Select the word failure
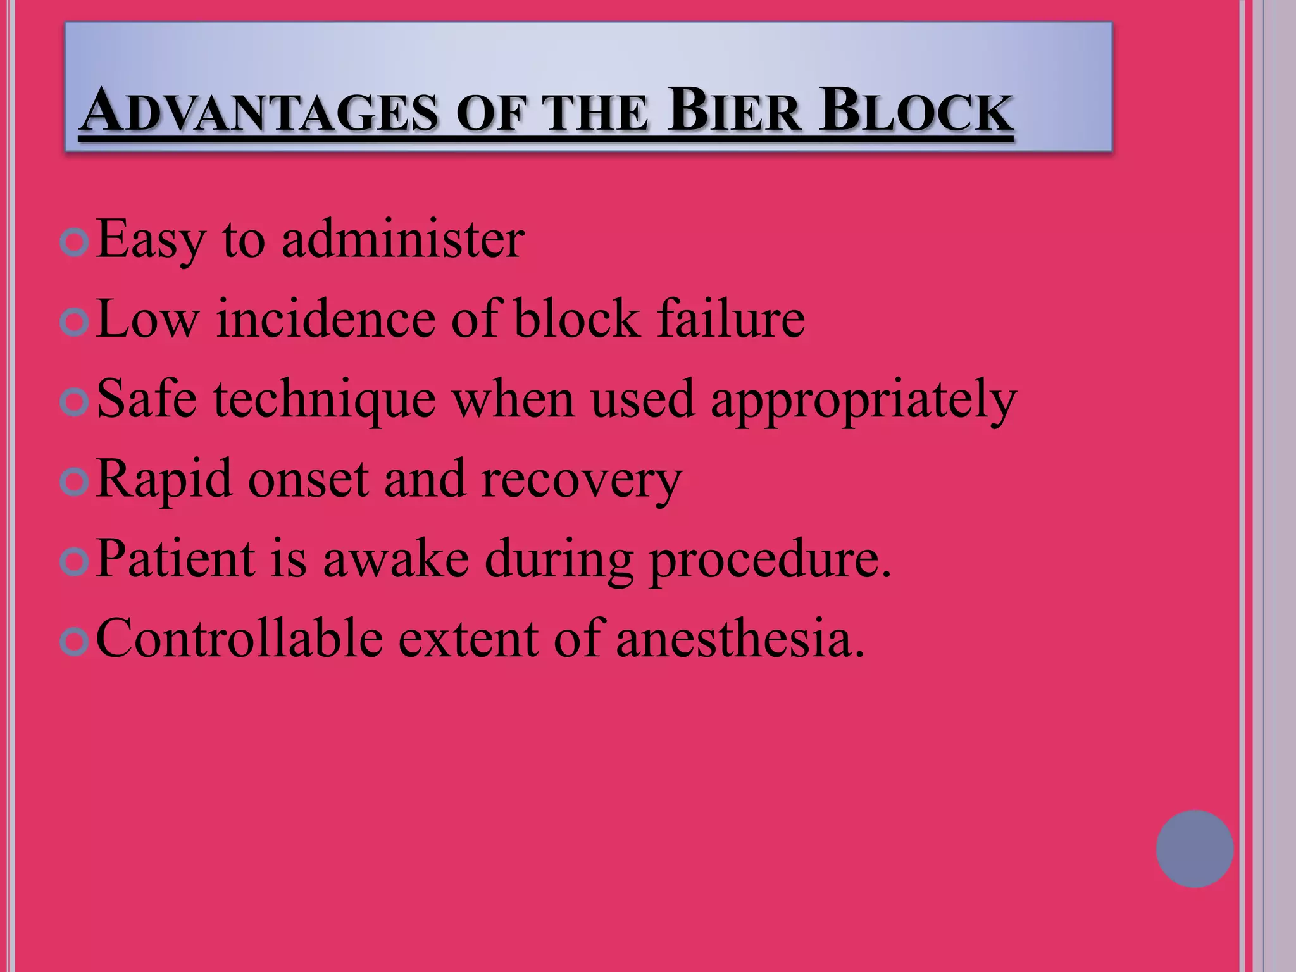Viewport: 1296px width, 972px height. (x=730, y=319)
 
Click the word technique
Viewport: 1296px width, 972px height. (x=324, y=401)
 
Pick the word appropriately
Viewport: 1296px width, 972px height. (x=863, y=401)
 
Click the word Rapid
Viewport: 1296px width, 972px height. (x=165, y=480)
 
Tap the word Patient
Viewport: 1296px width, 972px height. (x=176, y=559)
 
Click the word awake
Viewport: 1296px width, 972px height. (x=396, y=559)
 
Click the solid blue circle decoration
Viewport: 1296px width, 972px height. (x=1194, y=849)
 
